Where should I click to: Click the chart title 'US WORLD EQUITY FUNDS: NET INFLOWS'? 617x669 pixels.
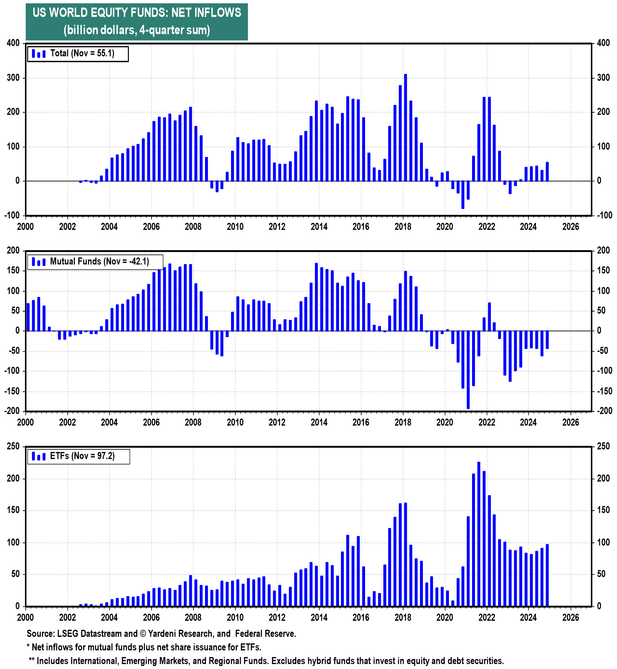click(137, 13)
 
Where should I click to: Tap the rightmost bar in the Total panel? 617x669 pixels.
click(547, 172)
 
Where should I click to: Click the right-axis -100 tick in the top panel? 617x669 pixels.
click(604, 215)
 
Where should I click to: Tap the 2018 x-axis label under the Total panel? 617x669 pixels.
click(403, 227)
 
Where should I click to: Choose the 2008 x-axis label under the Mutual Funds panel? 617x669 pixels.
click(193, 422)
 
